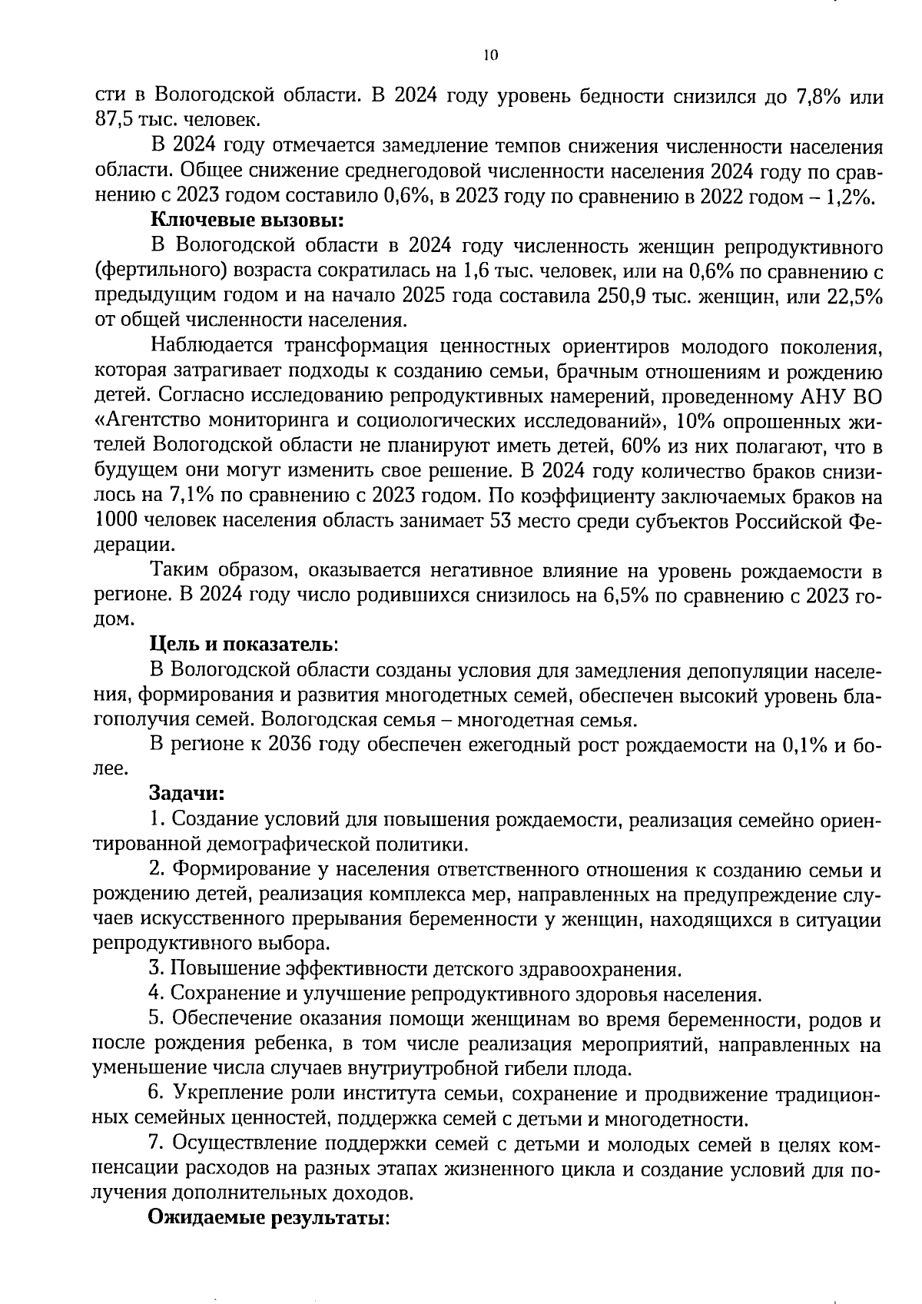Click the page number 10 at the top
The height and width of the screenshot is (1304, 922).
[x=491, y=55]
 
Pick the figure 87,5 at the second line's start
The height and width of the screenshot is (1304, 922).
[x=114, y=121]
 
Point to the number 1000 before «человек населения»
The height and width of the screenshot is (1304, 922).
[x=116, y=521]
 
